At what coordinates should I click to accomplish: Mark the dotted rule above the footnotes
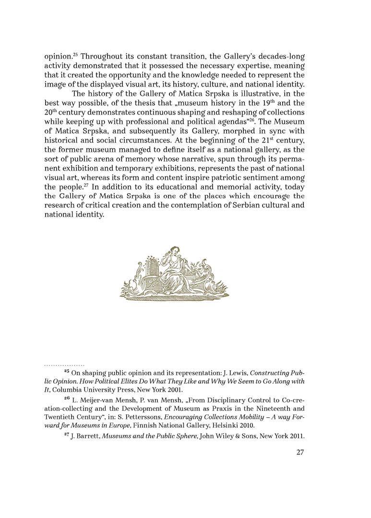[x=64, y=365]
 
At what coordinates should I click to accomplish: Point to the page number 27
[x=300, y=452]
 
